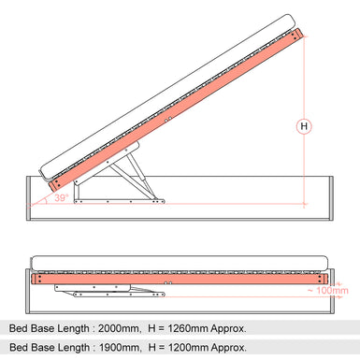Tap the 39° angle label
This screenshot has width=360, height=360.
pos(60,198)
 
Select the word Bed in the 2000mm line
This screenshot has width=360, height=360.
pos(20,327)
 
